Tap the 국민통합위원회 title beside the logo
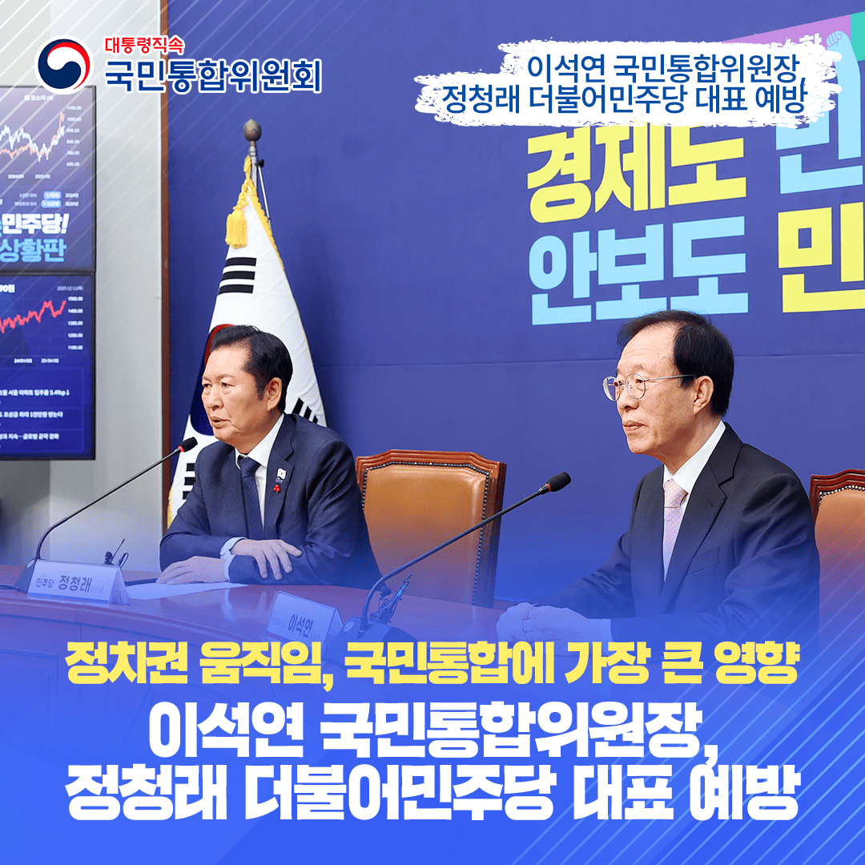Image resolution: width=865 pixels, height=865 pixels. click(x=213, y=75)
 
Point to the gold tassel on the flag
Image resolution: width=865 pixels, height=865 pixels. click(x=237, y=220)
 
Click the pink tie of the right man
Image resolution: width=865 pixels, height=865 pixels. click(x=672, y=513)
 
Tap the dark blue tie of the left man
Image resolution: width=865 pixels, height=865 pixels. click(x=251, y=497)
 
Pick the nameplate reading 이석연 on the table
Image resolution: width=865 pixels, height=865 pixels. click(x=304, y=618)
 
